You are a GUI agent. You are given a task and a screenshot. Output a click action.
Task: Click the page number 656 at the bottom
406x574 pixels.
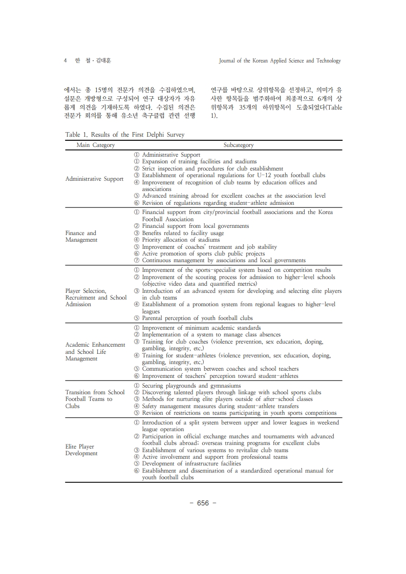pos(203,503)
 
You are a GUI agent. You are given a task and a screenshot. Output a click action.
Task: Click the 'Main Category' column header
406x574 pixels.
pos(95,145)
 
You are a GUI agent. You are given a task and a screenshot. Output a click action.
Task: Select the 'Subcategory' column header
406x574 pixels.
pos(238,145)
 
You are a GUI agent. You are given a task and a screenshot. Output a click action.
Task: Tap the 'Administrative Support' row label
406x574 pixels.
pos(94,179)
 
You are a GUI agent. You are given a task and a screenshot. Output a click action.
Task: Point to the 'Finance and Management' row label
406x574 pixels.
pos(81,237)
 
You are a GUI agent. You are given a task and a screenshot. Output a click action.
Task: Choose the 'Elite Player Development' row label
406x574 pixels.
pos(81,450)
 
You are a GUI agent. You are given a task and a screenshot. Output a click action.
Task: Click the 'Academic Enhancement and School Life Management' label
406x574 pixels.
pos(95,352)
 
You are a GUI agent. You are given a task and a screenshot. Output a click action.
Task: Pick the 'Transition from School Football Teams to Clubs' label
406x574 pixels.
pos(95,399)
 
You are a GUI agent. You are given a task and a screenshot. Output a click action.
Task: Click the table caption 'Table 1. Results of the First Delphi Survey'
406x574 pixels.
pos(124,135)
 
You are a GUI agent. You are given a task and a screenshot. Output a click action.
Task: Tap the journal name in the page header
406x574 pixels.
pos(280,60)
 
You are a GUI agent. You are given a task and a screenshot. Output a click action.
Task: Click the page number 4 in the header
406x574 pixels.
pos(66,60)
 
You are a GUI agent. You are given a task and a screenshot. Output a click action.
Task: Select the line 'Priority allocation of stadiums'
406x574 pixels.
pos(181,240)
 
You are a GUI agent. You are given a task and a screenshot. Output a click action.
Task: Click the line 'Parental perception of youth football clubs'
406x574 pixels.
pos(197,318)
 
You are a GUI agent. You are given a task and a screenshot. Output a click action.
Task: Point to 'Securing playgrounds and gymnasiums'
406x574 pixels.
pos(191,386)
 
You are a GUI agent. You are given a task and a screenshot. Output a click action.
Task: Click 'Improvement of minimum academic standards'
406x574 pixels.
pos(201,328)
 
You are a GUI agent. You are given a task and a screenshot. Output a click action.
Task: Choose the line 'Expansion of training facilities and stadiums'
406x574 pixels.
pos(199,161)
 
